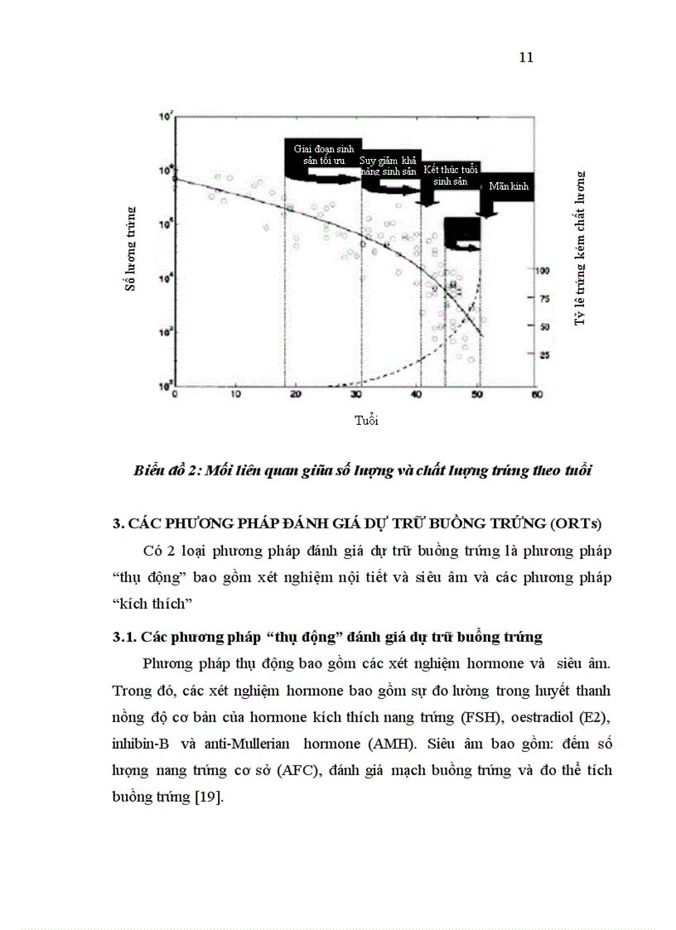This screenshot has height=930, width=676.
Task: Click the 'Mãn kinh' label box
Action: point(508,186)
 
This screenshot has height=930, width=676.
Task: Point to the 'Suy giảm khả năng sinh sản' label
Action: point(388,166)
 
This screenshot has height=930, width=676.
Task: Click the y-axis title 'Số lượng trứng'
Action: point(130,250)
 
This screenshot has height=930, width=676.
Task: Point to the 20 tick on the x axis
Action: point(296,395)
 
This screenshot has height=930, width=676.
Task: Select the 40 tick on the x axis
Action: point(418,395)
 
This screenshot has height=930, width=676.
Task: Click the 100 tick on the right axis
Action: point(543,271)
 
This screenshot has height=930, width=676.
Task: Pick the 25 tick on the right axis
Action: point(543,356)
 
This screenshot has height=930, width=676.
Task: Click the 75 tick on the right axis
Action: point(543,299)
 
